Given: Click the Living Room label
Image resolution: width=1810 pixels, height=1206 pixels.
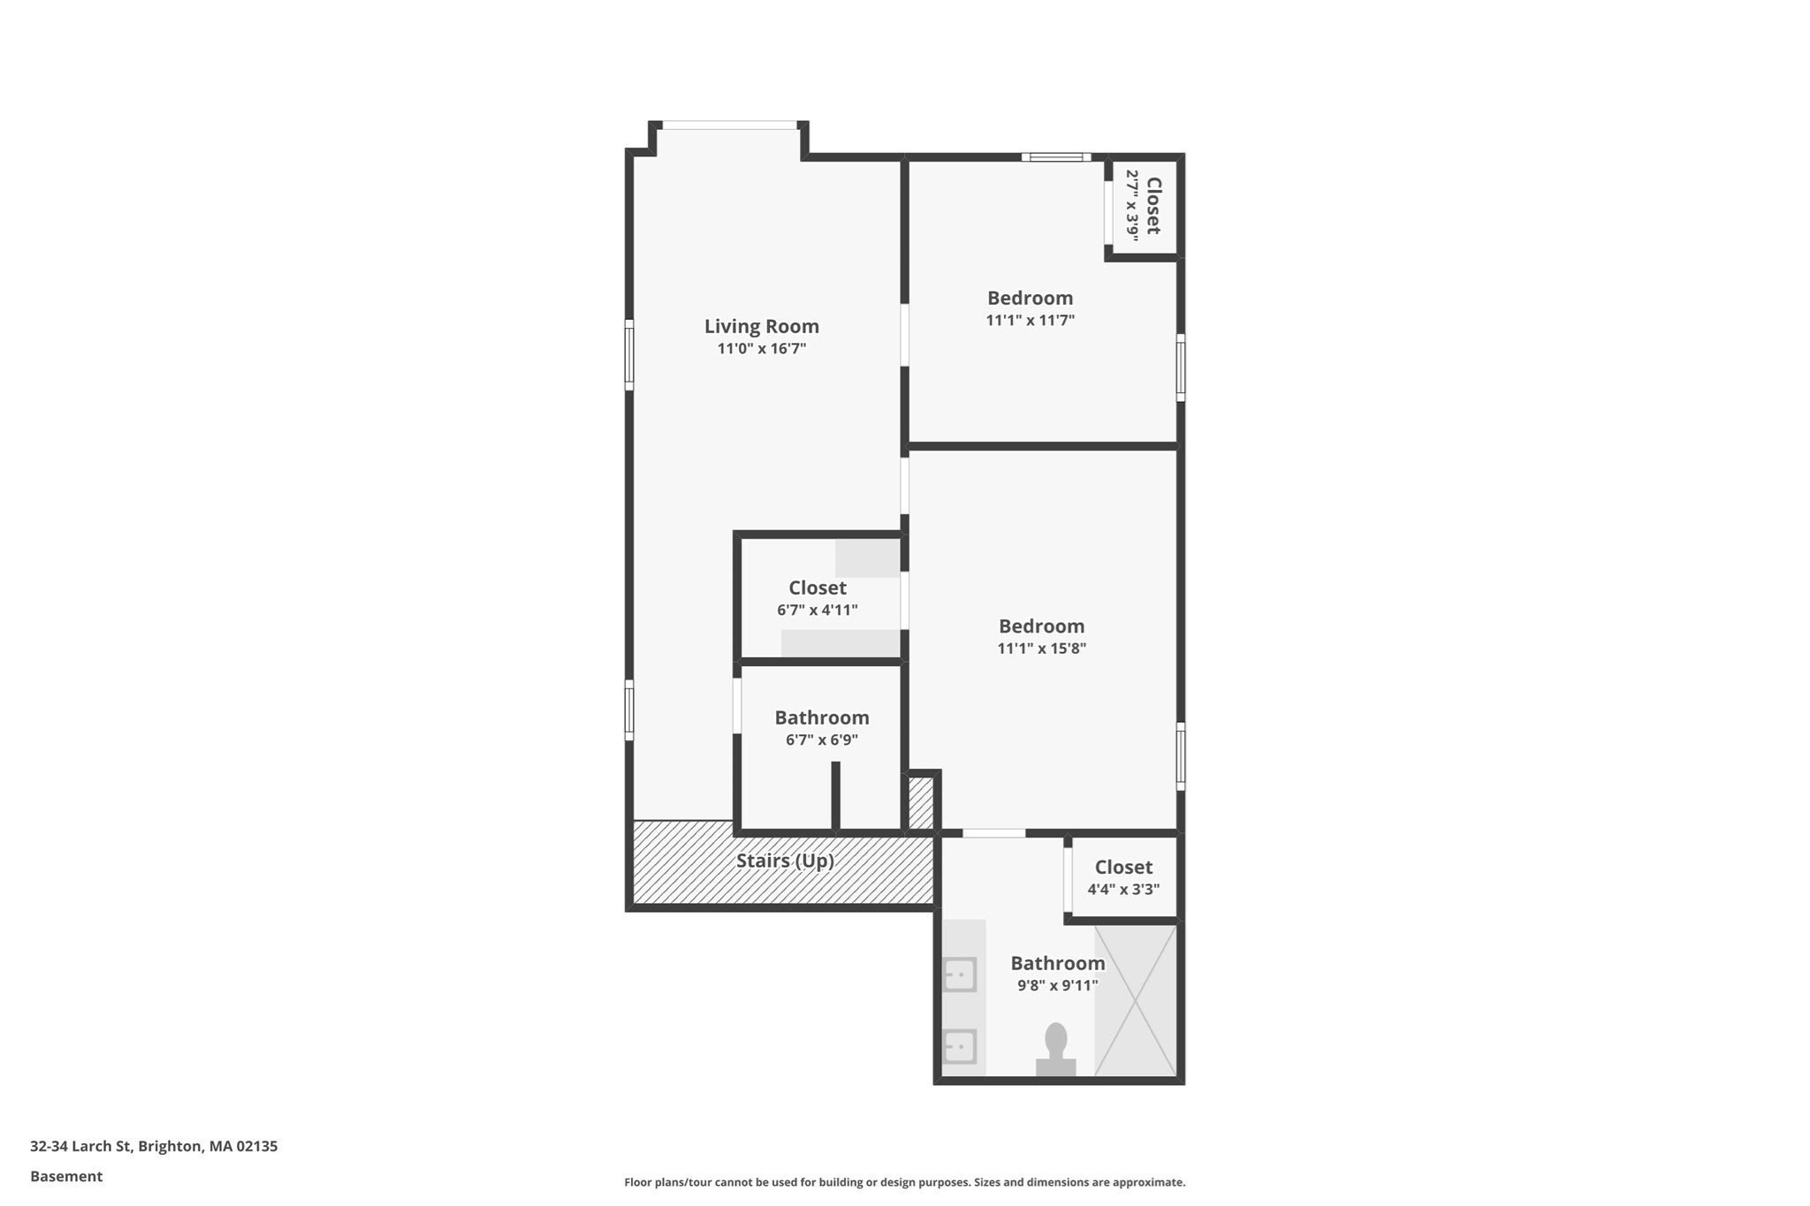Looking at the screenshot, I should pyautogui.click(x=761, y=326).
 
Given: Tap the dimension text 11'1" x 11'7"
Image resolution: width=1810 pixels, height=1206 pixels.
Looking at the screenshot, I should pyautogui.click(x=1030, y=321).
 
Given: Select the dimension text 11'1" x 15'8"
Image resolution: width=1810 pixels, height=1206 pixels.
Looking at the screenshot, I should pyautogui.click(x=1041, y=649).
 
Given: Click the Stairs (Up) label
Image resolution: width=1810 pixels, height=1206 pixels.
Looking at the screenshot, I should pyautogui.click(x=785, y=861).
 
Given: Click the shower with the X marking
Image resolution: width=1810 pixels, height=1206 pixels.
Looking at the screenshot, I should pyautogui.click(x=1136, y=1000).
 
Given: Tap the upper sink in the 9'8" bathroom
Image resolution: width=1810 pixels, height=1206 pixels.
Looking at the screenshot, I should pyautogui.click(x=959, y=975).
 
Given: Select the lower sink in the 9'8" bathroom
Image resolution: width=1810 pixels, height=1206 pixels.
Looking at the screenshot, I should pyautogui.click(x=959, y=1047).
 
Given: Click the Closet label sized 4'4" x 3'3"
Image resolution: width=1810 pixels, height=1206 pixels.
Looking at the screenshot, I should pyautogui.click(x=1123, y=868).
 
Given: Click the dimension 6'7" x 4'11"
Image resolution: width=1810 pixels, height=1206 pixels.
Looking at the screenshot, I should pyautogui.click(x=817, y=611).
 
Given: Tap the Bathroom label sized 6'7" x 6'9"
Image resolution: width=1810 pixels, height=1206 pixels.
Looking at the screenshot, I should pyautogui.click(x=822, y=717).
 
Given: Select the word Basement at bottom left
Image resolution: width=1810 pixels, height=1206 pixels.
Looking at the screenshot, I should pyautogui.click(x=66, y=1177).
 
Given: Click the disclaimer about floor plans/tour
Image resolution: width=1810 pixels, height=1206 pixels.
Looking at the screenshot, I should pyautogui.click(x=904, y=1182).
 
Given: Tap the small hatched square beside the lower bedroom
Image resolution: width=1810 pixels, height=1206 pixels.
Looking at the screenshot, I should pyautogui.click(x=921, y=802).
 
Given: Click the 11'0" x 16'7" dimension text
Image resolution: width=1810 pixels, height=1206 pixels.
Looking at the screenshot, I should pyautogui.click(x=761, y=349).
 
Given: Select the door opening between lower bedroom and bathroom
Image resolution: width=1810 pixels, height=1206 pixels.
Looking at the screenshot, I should pyautogui.click(x=993, y=833).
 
